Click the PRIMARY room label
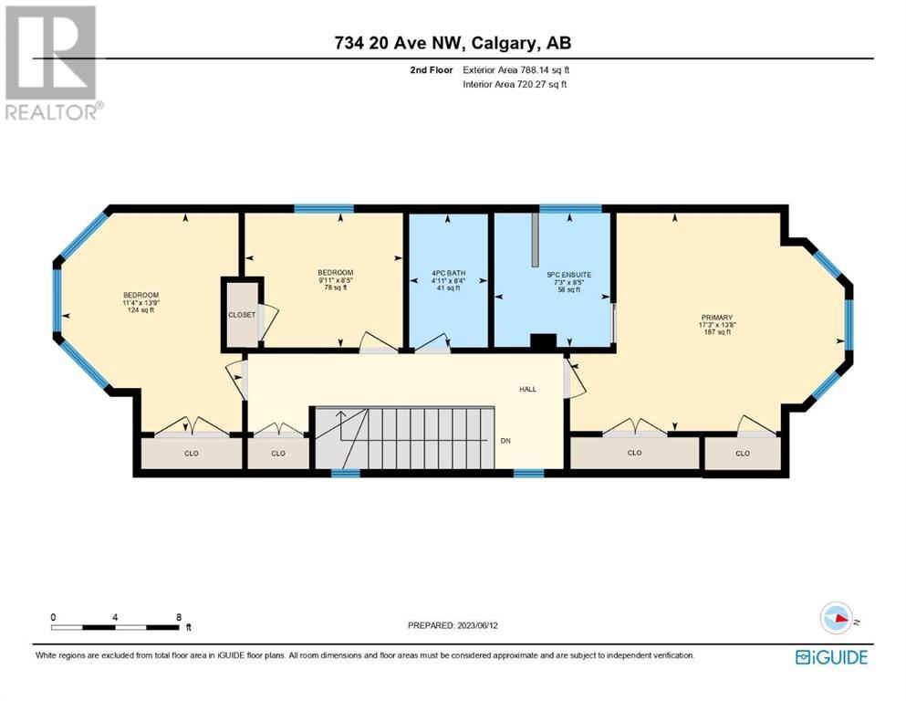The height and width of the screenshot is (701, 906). [717, 318]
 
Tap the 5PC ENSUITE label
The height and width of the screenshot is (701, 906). [569, 275]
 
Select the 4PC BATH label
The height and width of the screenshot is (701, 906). [448, 273]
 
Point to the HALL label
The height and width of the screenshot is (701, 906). [527, 389]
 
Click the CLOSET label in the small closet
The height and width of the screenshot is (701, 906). [242, 315]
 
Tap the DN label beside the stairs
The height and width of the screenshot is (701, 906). [505, 441]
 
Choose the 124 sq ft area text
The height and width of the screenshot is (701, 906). [141, 309]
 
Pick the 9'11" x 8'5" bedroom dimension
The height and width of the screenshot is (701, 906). [336, 280]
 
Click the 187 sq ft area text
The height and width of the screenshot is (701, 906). [717, 331]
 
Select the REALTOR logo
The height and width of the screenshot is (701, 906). [53, 62]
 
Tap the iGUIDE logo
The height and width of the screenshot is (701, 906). [831, 657]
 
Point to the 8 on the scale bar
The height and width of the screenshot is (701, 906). [180, 617]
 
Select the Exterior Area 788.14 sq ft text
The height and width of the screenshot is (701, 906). [516, 70]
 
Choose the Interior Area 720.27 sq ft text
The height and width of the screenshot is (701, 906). [515, 84]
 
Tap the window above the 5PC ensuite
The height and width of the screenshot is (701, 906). [570, 209]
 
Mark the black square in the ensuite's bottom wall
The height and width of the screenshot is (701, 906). [543, 342]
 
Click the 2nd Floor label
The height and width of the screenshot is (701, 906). [432, 70]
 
